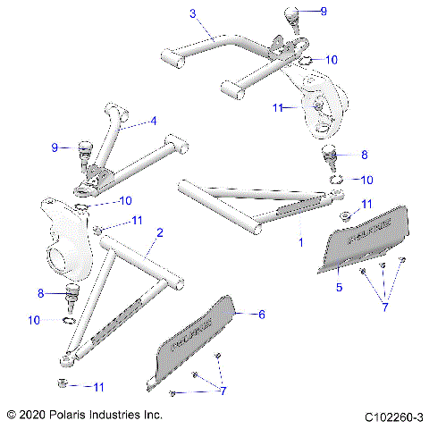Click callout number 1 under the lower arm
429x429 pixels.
click(300, 241)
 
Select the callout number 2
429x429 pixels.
click(159, 232)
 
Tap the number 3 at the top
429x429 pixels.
click(191, 14)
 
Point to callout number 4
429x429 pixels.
click(153, 121)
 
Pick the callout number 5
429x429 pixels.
click(339, 287)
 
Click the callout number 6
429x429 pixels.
click(262, 315)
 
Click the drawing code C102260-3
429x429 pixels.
click(392, 416)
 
